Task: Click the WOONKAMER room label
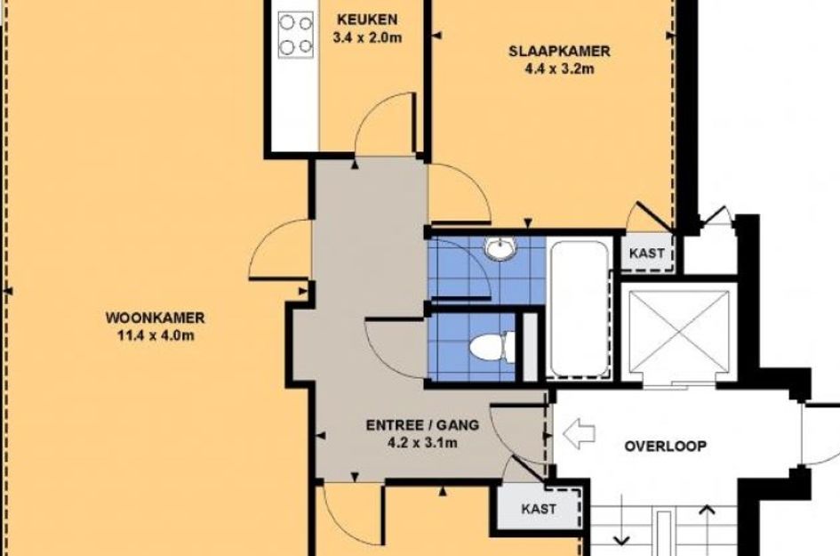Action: pyautogui.click(x=155, y=318)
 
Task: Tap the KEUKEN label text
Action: pyautogui.click(x=367, y=20)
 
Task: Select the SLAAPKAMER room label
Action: pyautogui.click(x=559, y=51)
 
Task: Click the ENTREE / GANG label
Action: pyautogui.click(x=422, y=425)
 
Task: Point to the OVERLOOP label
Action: pyautogui.click(x=666, y=446)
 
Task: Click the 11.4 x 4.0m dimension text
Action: pyautogui.click(x=156, y=336)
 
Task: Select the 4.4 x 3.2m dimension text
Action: pyautogui.click(x=559, y=69)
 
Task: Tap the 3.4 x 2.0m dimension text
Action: pyautogui.click(x=367, y=38)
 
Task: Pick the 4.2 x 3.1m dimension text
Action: pyautogui.click(x=422, y=443)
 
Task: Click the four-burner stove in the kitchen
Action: pyautogui.click(x=295, y=35)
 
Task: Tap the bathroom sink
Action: pyautogui.click(x=500, y=248)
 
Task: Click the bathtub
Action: pyautogui.click(x=579, y=309)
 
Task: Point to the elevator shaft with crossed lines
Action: pyautogui.click(x=679, y=331)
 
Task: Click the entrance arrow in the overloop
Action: pyautogui.click(x=579, y=434)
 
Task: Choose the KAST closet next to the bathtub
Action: pyautogui.click(x=646, y=253)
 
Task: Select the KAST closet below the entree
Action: pyautogui.click(x=539, y=508)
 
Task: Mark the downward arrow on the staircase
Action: pyautogui.click(x=621, y=520)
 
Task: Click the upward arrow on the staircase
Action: pyautogui.click(x=708, y=528)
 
